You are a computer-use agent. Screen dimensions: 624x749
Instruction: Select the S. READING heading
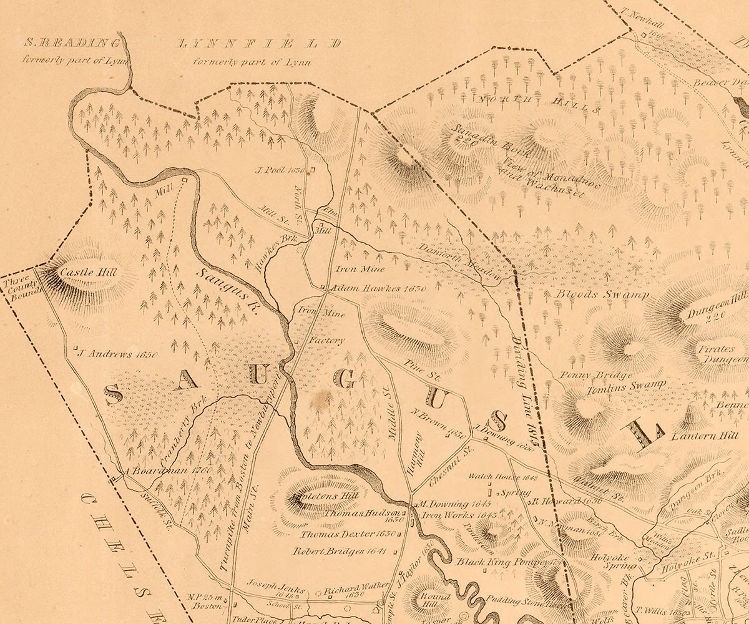(71, 43)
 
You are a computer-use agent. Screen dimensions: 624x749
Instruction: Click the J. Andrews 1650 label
(117, 354)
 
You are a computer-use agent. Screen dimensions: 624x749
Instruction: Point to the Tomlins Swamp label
(626, 386)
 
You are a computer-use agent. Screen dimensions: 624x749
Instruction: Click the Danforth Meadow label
(468, 261)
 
